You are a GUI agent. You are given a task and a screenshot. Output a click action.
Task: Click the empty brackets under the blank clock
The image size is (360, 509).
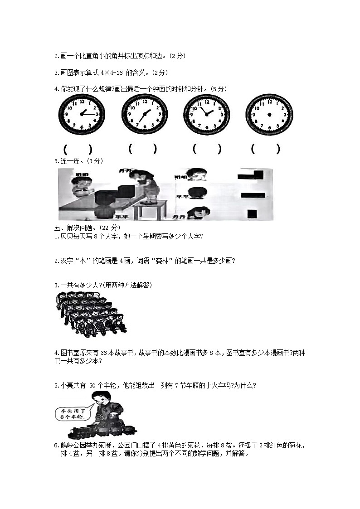[265, 149]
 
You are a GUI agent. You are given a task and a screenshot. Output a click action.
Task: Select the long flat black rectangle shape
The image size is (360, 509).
[253, 195]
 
